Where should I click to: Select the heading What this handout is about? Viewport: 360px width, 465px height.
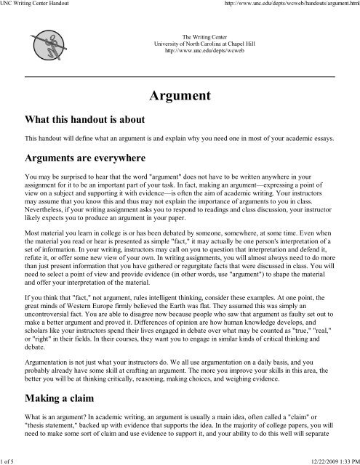pos(84,119)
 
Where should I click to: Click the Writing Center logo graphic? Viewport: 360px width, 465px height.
pos(43,44)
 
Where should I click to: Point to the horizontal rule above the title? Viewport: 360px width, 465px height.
pos(180,76)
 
